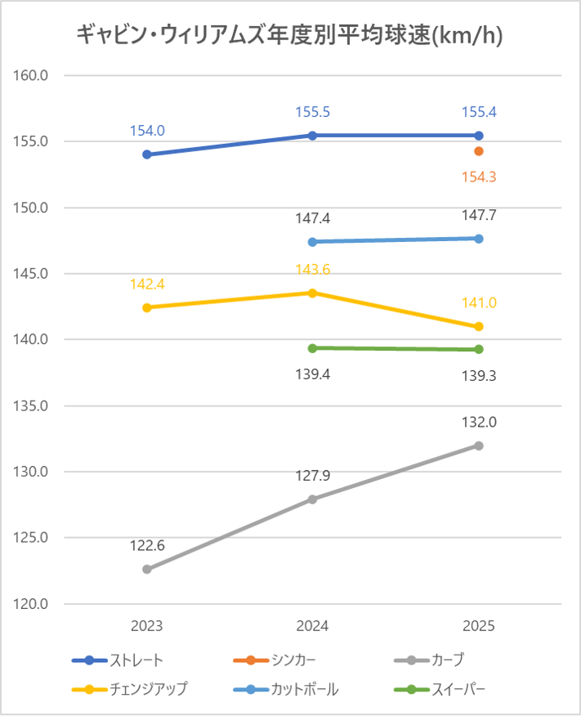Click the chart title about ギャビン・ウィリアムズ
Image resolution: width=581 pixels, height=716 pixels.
[x=289, y=34]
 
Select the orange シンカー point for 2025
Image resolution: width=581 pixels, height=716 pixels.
[x=479, y=151]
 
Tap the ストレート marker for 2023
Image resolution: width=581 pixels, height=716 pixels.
[x=147, y=154]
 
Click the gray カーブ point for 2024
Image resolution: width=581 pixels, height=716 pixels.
[x=313, y=499]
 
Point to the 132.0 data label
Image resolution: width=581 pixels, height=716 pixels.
[x=479, y=423]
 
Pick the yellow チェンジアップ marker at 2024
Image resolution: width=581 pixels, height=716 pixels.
[x=313, y=293]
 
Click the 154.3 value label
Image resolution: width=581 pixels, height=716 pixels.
[x=479, y=177]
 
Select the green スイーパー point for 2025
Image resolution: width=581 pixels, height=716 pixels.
[x=479, y=350]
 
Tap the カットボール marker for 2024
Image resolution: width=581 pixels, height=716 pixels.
[x=313, y=242]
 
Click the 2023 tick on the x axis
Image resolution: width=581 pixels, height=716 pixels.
[x=147, y=626]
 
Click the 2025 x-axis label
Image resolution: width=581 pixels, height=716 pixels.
[x=479, y=626]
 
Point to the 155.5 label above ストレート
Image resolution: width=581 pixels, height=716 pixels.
[x=313, y=113]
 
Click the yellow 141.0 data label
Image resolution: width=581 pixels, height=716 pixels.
[x=479, y=303]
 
